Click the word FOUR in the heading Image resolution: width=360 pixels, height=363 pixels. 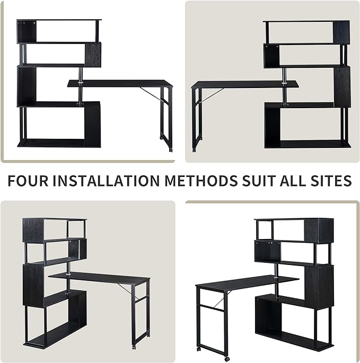pos(28,181)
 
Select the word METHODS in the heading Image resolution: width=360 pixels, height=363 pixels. pos(201,181)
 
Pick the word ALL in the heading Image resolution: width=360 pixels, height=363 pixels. pos(293,181)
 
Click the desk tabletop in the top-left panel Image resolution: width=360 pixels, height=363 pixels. pos(120,84)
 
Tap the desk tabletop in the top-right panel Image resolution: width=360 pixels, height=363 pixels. pos(245,84)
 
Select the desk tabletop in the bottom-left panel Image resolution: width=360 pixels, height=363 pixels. pos(100,277)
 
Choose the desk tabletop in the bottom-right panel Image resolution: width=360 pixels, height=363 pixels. pos(247,281)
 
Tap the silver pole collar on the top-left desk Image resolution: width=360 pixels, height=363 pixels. pos(80,83)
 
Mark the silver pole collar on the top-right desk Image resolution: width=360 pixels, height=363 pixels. pos(284,83)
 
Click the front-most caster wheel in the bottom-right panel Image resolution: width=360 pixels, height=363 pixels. pos(227,359)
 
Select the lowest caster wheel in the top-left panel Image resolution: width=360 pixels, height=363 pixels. pos(171,150)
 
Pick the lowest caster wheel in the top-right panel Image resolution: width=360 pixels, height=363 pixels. pos(194,150)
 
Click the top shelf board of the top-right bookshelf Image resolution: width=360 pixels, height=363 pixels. pos(306,21)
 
